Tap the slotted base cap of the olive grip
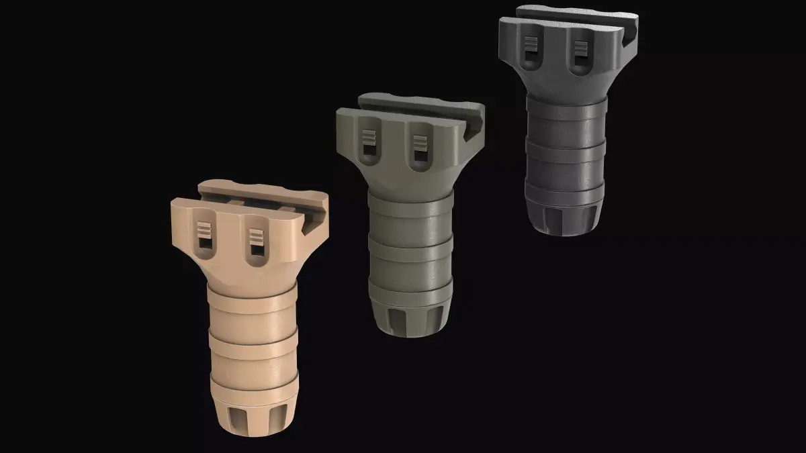click(408, 318)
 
